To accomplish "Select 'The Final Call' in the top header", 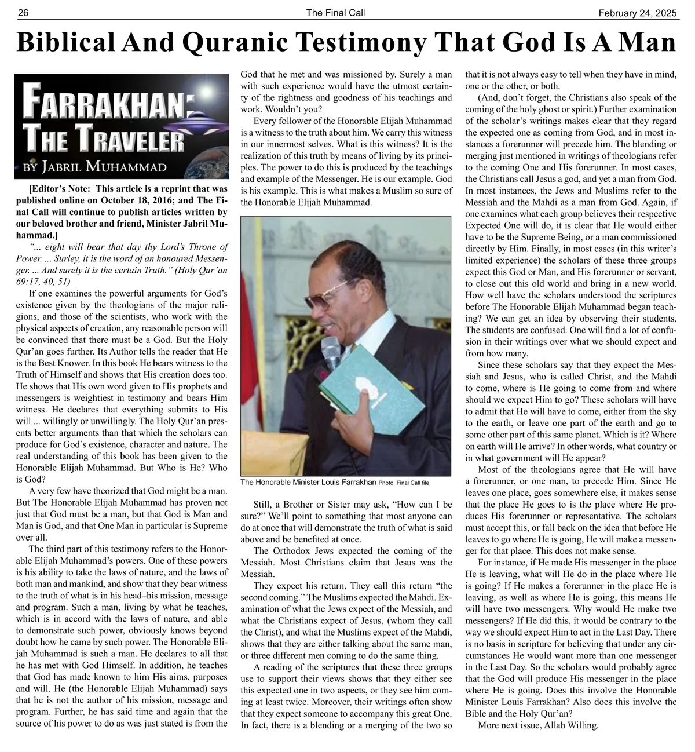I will click(335, 13).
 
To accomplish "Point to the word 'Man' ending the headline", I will click(647, 43).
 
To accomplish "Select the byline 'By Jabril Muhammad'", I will click(94, 167).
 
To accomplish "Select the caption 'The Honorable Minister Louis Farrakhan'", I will click(308, 482).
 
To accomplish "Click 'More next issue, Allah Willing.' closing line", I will click(538, 725).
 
